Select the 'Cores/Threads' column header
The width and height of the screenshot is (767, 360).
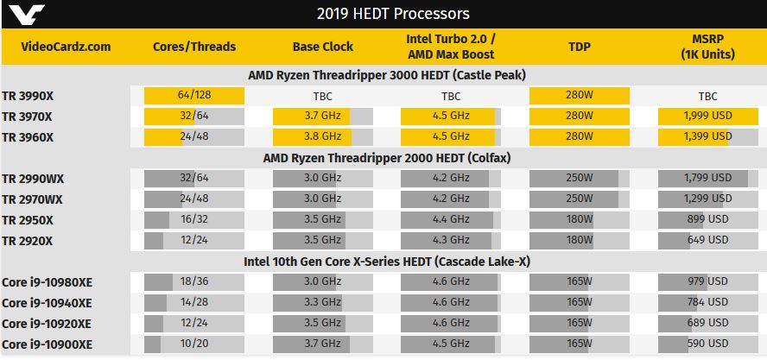click(x=193, y=47)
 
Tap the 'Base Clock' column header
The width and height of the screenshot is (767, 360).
click(x=322, y=47)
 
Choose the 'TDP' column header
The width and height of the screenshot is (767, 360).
click(x=580, y=47)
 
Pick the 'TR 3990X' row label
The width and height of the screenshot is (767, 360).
click(x=29, y=97)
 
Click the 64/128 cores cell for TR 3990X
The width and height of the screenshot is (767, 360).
click(x=193, y=97)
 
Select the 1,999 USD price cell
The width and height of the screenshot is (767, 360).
click(x=708, y=117)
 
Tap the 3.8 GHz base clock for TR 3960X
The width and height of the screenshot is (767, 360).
click(x=322, y=136)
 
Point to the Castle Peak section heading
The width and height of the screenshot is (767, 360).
click(x=383, y=75)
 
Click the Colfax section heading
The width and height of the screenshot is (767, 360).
click(x=383, y=157)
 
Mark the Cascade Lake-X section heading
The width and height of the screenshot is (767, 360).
click(x=383, y=261)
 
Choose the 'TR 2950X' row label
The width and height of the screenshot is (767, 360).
click(x=29, y=219)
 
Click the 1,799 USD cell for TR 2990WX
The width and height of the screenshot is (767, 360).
click(x=708, y=179)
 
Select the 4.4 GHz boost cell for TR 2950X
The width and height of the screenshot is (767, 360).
click(x=451, y=219)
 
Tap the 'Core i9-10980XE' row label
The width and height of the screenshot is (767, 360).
click(x=48, y=282)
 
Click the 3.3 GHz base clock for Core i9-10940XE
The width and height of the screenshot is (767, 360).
click(x=322, y=302)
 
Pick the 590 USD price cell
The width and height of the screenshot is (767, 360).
click(x=708, y=344)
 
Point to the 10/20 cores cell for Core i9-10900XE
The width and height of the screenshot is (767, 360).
click(x=193, y=344)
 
